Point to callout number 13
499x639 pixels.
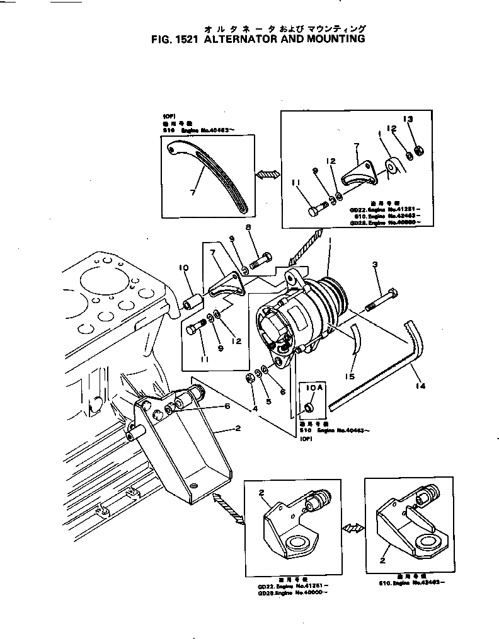click(408, 120)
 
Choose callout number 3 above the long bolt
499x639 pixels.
click(375, 266)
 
